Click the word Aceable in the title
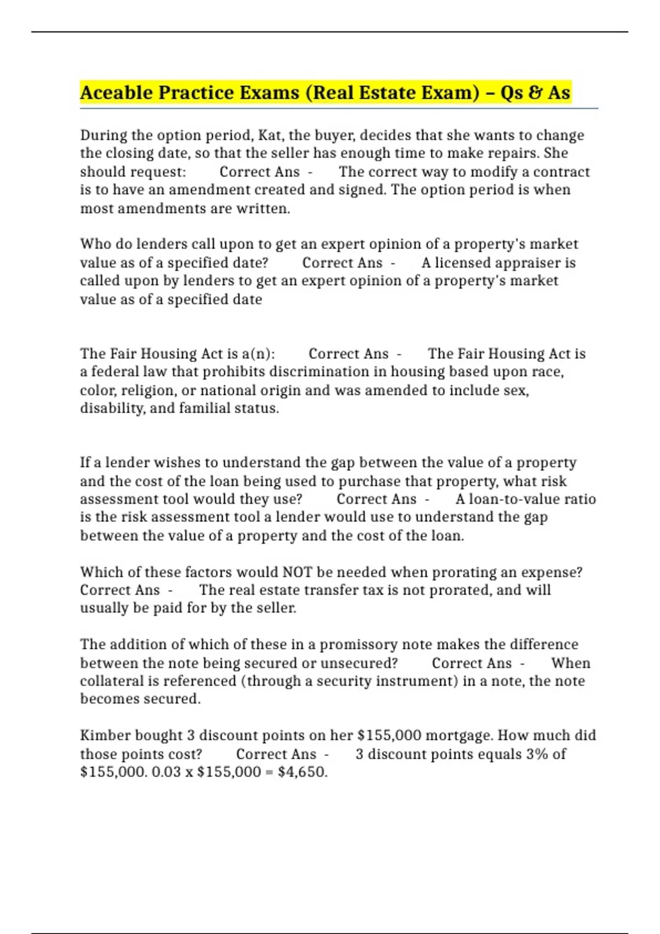(117, 92)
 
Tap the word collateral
(112, 681)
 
